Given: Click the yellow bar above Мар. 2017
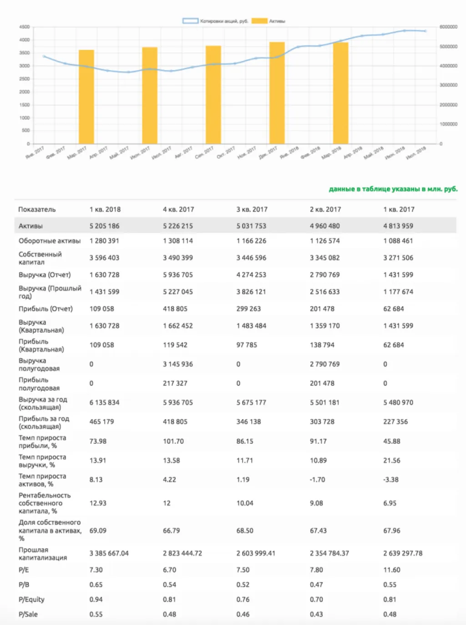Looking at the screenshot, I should [86, 97].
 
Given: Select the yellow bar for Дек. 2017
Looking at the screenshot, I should [277, 93].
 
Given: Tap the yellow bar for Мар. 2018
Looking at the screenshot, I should [340, 93].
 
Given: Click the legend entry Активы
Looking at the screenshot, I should [269, 21].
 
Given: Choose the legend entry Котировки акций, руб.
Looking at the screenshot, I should [215, 21].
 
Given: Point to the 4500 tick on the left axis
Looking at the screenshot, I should [25, 27].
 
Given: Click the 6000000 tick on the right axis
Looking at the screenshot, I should [448, 27].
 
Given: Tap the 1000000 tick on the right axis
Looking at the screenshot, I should [448, 124].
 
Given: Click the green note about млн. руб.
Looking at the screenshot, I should [393, 189].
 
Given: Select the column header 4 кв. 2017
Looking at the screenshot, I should [178, 209].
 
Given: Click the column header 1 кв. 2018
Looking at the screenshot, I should [105, 209].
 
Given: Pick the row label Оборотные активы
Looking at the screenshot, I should [50, 241].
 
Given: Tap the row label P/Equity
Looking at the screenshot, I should [31, 600].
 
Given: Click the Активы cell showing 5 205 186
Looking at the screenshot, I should [105, 226].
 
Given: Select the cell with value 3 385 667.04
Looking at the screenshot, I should [109, 554].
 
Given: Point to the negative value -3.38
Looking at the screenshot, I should [390, 480].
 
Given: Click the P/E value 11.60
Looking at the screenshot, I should [392, 570].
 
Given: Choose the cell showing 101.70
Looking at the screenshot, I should [173, 442].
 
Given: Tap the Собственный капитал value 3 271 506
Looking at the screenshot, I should [398, 258].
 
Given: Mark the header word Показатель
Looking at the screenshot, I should [37, 209].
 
